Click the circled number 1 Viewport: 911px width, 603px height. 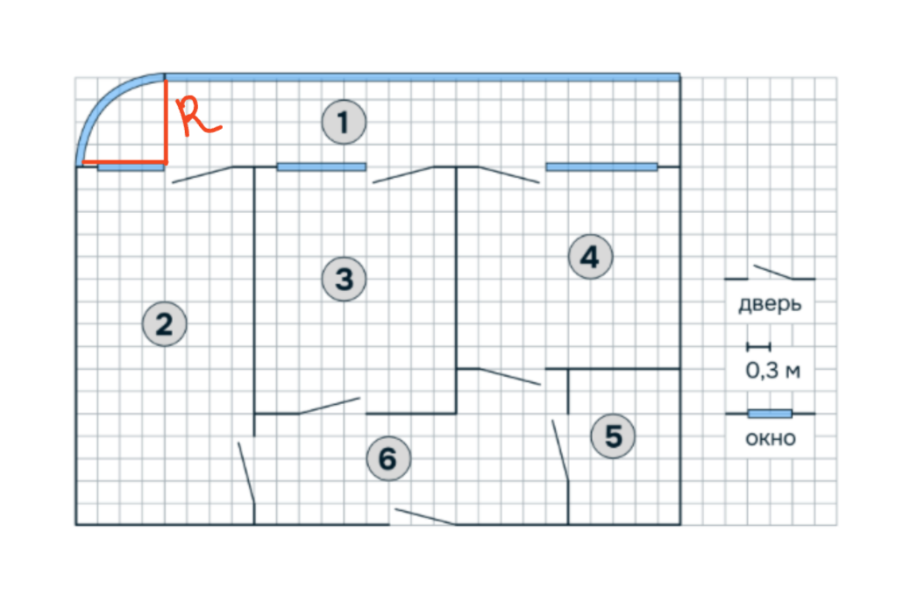[x=344, y=122]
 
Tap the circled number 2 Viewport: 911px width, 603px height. [x=165, y=323]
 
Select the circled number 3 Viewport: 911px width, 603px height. [x=344, y=279]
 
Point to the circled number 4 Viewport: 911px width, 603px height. [x=590, y=257]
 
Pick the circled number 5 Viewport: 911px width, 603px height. [x=613, y=436]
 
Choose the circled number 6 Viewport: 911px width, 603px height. [x=388, y=458]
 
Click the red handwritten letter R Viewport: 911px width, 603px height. [x=197, y=117]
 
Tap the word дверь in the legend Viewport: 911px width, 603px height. [x=770, y=304]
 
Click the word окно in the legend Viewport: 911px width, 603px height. [x=771, y=438]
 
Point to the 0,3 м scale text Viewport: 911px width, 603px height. [x=772, y=370]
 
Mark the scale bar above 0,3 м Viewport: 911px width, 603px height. [x=758, y=347]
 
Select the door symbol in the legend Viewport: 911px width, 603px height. [x=770, y=273]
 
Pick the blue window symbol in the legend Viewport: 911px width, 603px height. [x=770, y=414]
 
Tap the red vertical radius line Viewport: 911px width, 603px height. [x=166, y=121]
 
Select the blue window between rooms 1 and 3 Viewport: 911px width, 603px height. [x=321, y=167]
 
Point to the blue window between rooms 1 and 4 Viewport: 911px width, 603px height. [x=601, y=167]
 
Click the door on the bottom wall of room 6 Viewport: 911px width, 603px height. [x=424, y=517]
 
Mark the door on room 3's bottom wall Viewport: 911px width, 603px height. [x=330, y=406]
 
